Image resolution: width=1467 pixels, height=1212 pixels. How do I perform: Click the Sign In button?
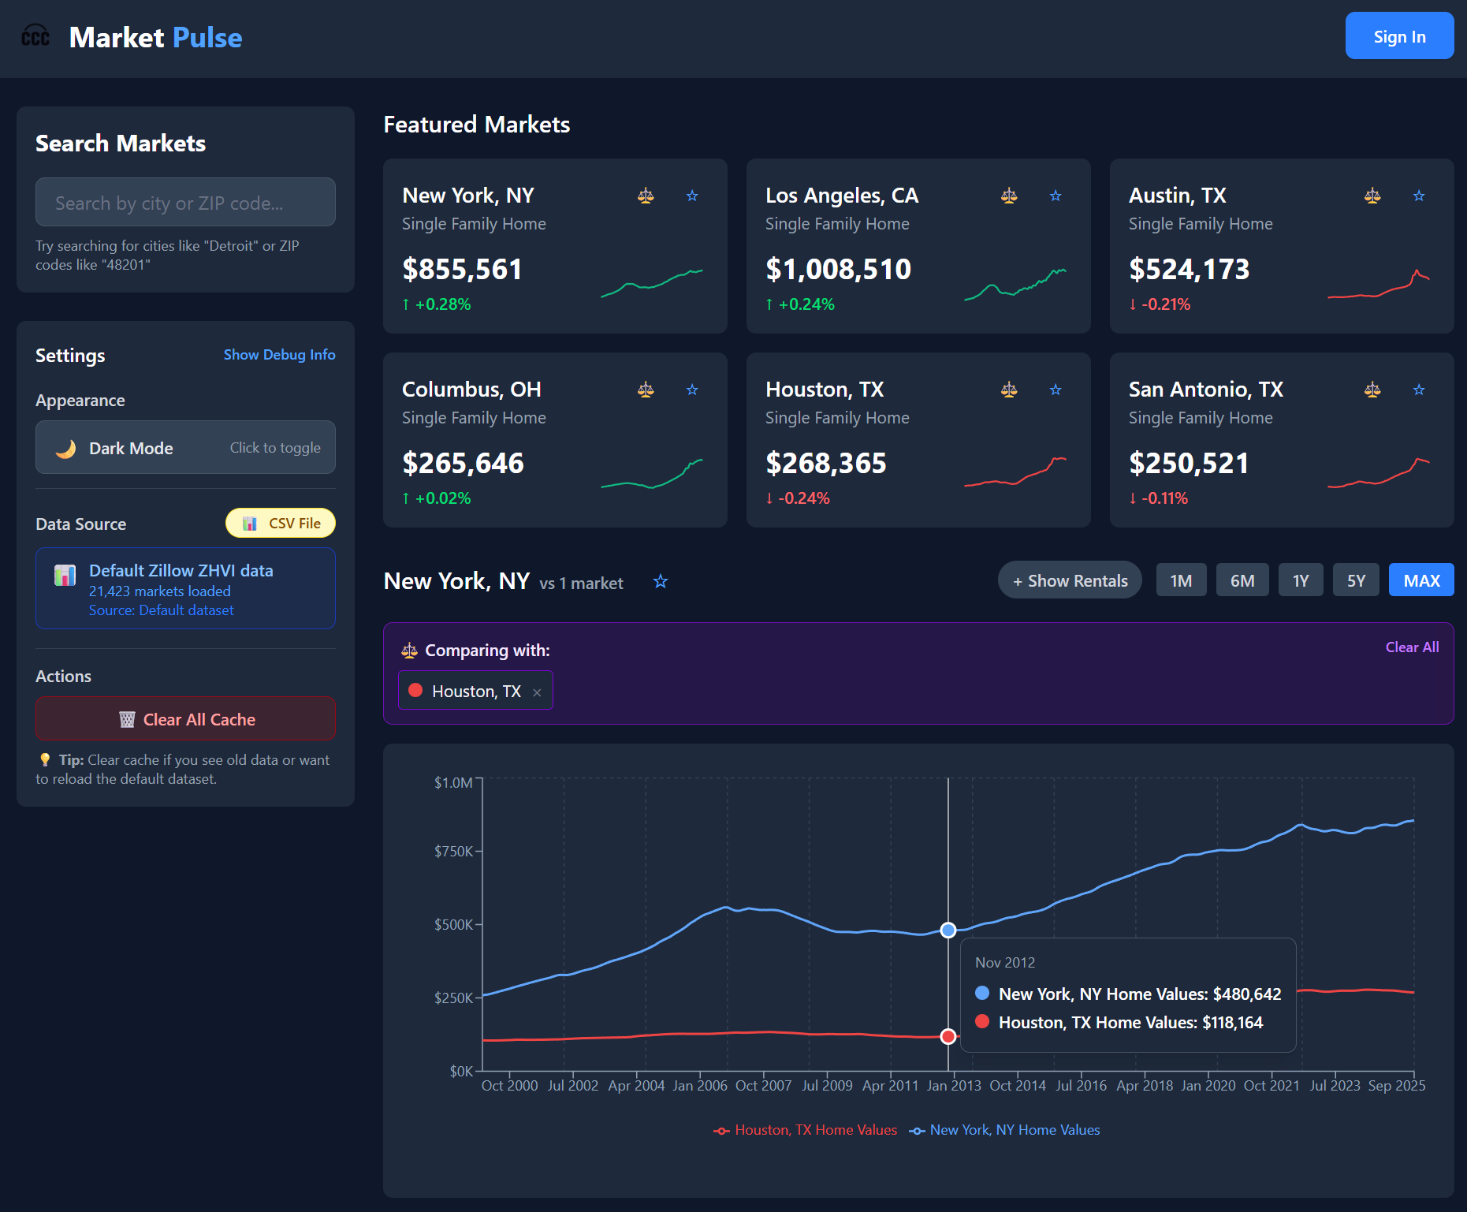point(1398,36)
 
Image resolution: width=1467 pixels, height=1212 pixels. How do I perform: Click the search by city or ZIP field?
point(185,203)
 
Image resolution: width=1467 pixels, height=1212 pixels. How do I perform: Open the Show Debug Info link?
point(279,355)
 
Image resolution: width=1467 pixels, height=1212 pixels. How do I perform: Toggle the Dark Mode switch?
point(185,448)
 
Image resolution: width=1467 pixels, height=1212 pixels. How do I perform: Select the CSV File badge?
point(281,524)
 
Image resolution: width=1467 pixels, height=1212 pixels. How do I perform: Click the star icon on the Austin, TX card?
point(1418,196)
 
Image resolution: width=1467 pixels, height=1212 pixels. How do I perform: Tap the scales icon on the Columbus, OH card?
point(646,390)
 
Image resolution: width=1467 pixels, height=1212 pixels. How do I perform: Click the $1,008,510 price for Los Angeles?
point(838,270)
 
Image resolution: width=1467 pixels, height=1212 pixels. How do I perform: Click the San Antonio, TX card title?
point(1205,390)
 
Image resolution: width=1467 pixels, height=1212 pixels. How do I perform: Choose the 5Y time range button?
point(1355,581)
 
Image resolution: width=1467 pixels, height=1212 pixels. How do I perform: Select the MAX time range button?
point(1420,581)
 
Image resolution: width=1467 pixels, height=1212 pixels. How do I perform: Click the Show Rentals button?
point(1070,581)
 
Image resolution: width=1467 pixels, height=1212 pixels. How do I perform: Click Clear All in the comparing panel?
point(1411,647)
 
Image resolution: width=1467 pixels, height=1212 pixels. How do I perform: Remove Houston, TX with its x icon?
point(537,692)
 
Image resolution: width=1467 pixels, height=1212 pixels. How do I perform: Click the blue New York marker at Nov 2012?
point(948,930)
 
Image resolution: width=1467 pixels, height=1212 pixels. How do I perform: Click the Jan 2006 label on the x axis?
point(699,1086)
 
